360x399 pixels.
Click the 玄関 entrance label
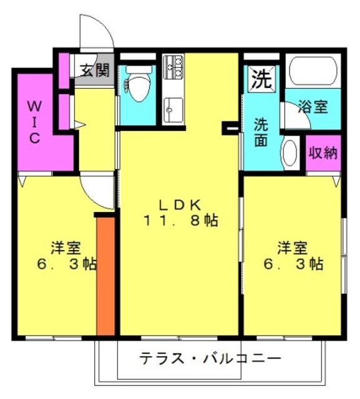[95, 70]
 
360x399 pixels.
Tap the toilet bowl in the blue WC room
[137, 85]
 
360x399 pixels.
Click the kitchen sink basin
[173, 110]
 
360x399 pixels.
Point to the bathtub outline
[313, 70]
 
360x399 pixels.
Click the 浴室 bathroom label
[313, 106]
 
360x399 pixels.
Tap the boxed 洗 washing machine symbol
[261, 78]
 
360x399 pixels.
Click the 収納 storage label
[323, 153]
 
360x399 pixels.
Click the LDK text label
[180, 205]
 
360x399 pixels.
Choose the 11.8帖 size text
[181, 221]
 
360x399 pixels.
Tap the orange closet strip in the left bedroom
[105, 276]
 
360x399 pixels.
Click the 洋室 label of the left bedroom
[66, 248]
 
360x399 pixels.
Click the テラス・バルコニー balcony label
[210, 359]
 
